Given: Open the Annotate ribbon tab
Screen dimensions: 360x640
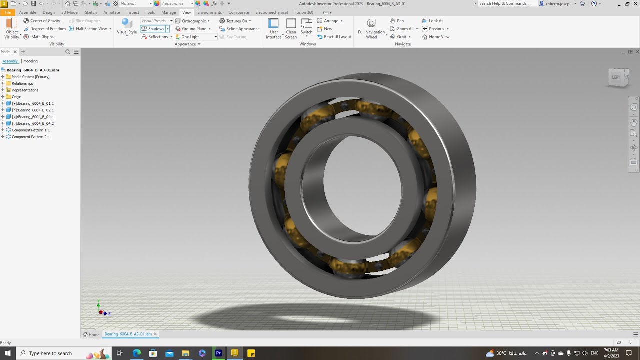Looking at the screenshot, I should (111, 12).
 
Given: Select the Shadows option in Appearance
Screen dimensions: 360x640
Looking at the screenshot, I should (156, 29).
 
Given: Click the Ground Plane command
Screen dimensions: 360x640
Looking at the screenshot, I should (194, 29).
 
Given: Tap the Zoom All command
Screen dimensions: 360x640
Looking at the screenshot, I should (405, 29).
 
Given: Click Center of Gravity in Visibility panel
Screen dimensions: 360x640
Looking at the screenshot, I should (45, 21).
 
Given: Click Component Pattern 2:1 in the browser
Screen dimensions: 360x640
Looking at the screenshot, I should (31, 137).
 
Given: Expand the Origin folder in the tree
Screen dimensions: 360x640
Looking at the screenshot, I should (3, 97).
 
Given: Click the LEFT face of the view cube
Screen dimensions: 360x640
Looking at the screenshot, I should (616, 77).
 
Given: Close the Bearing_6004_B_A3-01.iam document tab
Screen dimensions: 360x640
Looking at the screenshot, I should (155, 334).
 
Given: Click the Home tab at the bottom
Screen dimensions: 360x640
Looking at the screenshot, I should (91, 334).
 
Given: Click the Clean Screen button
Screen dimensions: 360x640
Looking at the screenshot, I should (291, 29).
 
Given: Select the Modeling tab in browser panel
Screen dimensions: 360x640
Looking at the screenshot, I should (30, 61).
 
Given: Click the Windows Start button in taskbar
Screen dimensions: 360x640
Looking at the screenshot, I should (8, 353).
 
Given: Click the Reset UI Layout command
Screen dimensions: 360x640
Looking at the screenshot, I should (337, 37).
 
